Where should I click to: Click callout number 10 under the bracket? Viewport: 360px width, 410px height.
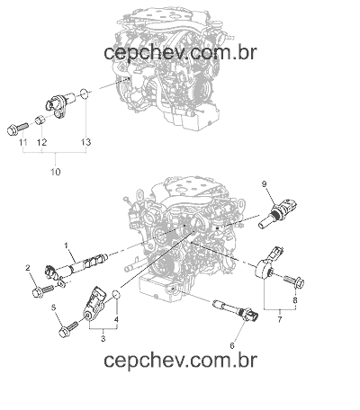[56, 172]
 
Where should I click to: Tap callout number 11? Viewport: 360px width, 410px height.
[23, 142]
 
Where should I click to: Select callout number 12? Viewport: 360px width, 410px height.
[42, 142]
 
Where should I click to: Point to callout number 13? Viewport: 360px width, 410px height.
[85, 142]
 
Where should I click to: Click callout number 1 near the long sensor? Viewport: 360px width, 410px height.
[67, 245]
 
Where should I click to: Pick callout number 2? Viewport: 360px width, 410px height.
[28, 267]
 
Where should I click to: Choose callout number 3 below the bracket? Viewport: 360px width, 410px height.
[103, 339]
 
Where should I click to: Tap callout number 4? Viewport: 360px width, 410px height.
[116, 319]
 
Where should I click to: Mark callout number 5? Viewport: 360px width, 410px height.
[54, 307]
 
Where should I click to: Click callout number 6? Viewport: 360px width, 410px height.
[232, 345]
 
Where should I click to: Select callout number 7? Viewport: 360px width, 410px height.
[280, 319]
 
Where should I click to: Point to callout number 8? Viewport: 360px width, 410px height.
[295, 300]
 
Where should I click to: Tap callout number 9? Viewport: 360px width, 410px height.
[264, 183]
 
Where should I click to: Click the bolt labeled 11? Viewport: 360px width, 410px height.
[17, 129]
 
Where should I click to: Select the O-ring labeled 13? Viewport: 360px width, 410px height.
[85, 94]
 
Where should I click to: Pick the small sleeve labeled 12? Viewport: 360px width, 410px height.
[40, 120]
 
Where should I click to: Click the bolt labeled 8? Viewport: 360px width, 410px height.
[294, 281]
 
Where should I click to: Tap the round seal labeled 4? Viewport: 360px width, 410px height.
[116, 295]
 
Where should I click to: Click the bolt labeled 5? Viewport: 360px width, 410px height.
[68, 329]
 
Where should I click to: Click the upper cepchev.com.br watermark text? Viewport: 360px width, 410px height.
[180, 53]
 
